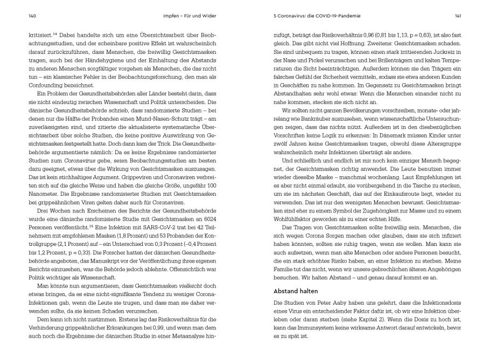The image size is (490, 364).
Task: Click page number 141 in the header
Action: click(x=457, y=16)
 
